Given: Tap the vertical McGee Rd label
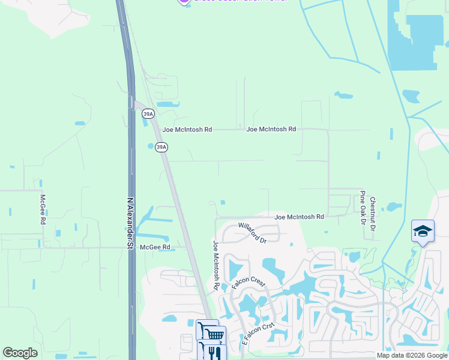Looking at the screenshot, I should click(x=43, y=209).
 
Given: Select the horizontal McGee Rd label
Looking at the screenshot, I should click(x=155, y=247).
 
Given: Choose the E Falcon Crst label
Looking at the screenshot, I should click(x=258, y=334).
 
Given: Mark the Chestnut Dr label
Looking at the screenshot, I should click(x=372, y=214).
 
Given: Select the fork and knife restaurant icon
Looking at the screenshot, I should click(x=211, y=351).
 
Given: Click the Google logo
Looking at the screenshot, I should click(x=20, y=353).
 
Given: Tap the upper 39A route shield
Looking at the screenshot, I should click(x=148, y=113).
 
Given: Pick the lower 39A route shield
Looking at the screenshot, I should click(x=160, y=147).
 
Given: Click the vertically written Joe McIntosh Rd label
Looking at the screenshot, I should click(x=215, y=265).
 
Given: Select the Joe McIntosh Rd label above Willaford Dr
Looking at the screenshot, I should click(x=299, y=217).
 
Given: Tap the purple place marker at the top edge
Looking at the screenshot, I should click(x=184, y=2).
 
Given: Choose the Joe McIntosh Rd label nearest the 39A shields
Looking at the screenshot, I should click(x=187, y=129).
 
